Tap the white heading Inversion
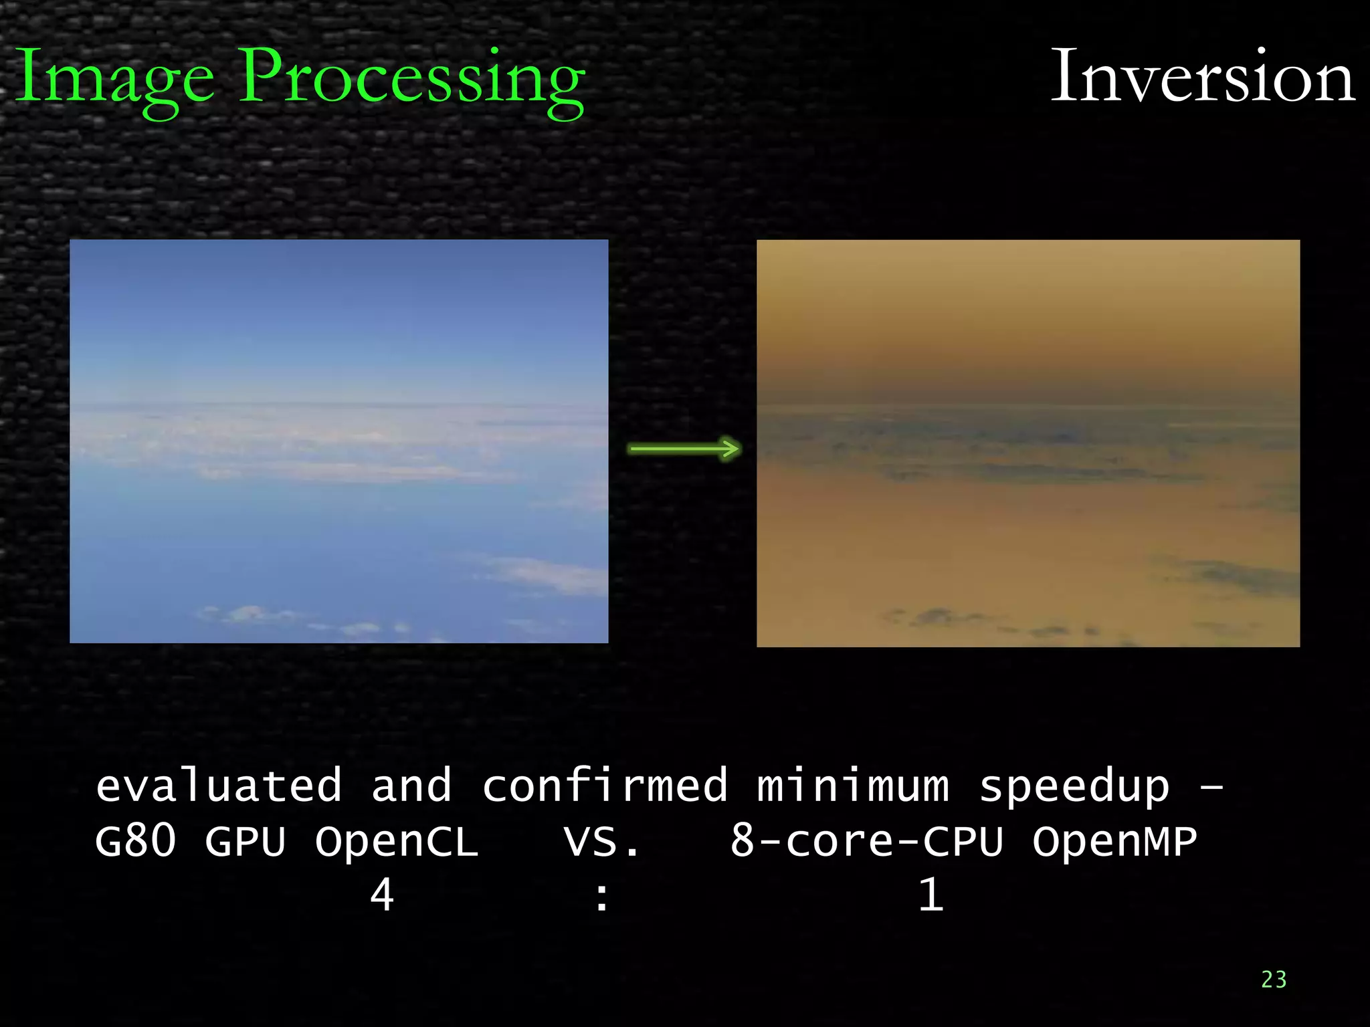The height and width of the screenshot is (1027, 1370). [x=1202, y=78]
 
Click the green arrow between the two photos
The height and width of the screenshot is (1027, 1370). [x=684, y=449]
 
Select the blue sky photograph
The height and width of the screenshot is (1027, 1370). [x=338, y=441]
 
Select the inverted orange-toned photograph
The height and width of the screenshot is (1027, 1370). [x=1028, y=443]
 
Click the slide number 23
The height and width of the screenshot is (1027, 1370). [x=1274, y=980]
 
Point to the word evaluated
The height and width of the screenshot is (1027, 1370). [x=219, y=786]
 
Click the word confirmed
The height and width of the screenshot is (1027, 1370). [x=605, y=786]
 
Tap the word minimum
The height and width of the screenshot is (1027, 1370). [x=853, y=786]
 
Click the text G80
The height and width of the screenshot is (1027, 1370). [x=136, y=841]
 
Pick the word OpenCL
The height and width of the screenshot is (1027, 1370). [x=397, y=841]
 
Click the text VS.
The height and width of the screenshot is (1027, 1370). [x=601, y=841]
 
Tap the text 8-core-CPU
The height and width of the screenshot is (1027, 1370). [x=866, y=841]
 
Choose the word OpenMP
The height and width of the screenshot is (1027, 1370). [x=1114, y=841]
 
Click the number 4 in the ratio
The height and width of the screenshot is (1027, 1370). [x=382, y=895]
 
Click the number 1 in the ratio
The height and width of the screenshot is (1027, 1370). [x=931, y=895]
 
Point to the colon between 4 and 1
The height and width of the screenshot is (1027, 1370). [x=602, y=897]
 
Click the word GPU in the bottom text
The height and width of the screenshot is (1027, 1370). [x=246, y=841]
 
